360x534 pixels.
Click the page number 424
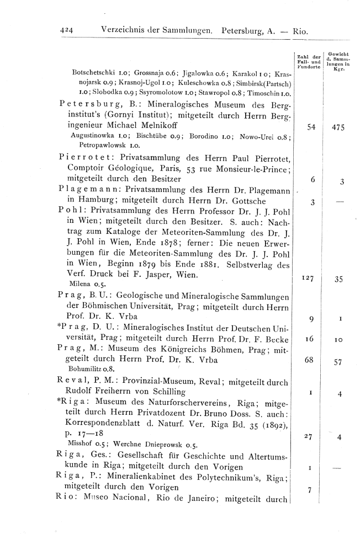pos(70,31)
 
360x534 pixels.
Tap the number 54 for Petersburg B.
pos(312,127)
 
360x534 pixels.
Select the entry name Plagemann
pos(83,190)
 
